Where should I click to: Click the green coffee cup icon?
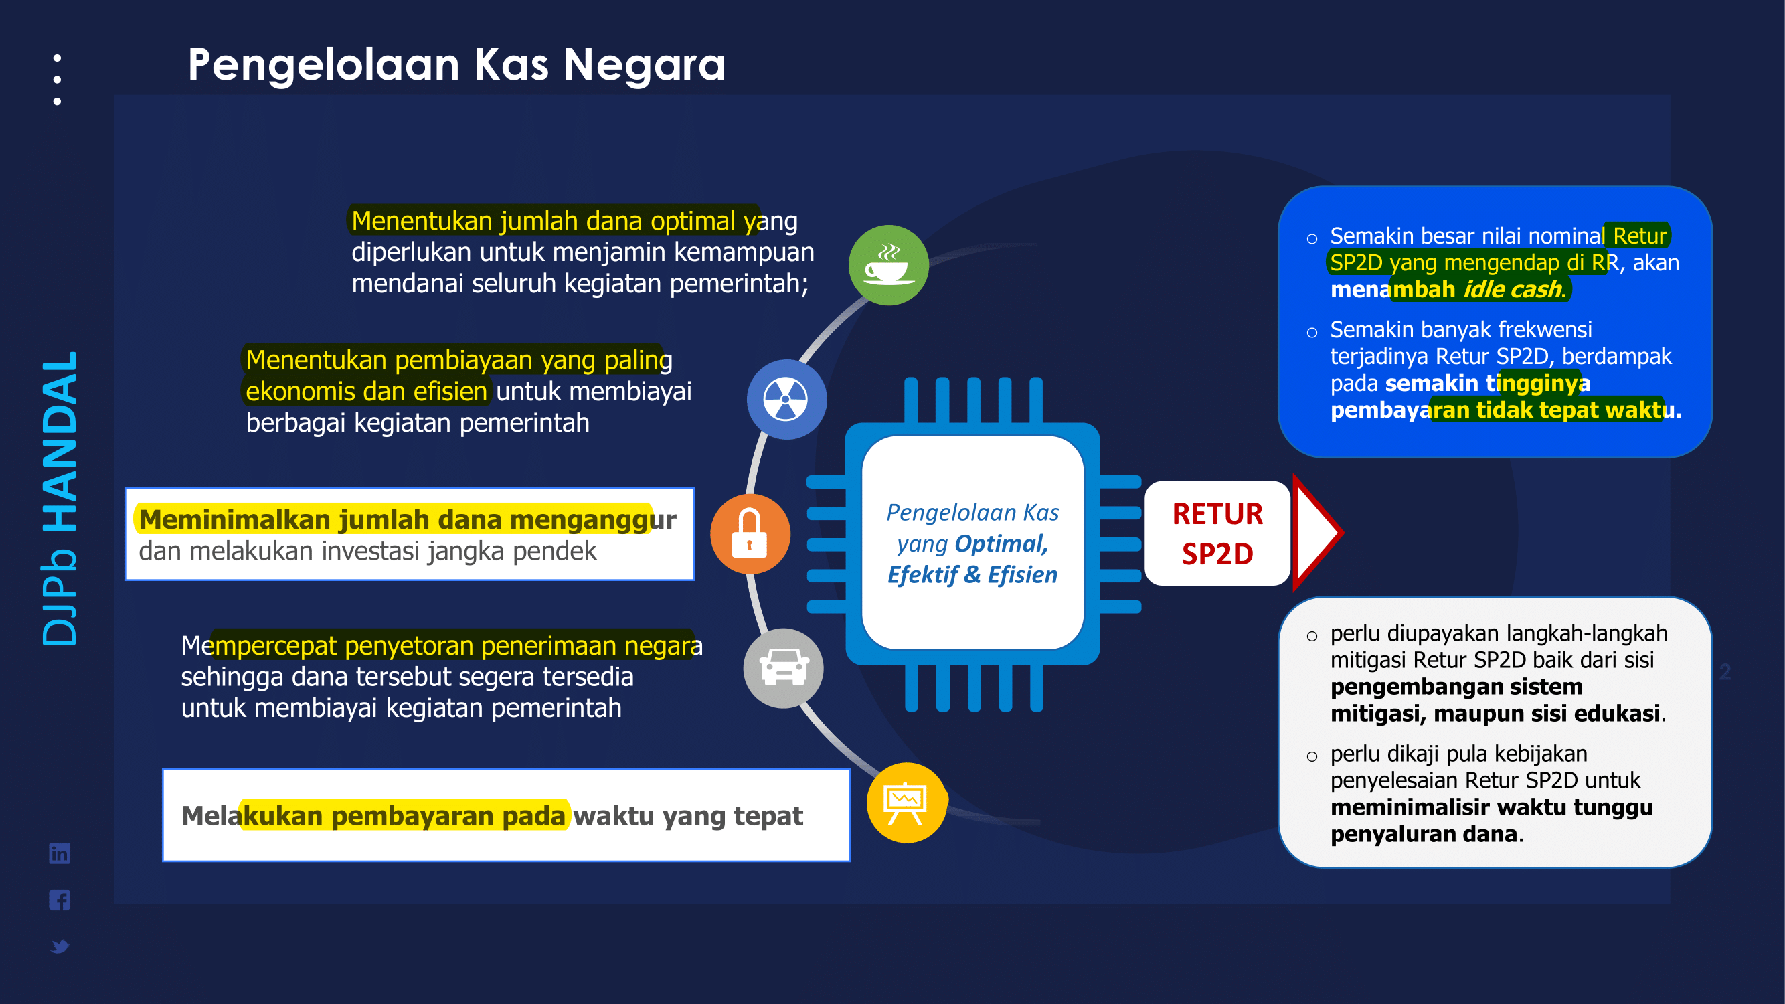(888, 264)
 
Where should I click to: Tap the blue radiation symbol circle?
(786, 399)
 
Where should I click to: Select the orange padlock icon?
(750, 533)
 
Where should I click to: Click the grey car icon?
(783, 668)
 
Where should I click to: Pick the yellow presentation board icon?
(906, 803)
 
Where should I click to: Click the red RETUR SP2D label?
(1217, 533)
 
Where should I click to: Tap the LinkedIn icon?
(60, 853)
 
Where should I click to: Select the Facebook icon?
(60, 900)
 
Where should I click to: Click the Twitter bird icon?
(60, 946)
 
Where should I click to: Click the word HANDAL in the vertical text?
(60, 442)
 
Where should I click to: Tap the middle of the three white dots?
(57, 80)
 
